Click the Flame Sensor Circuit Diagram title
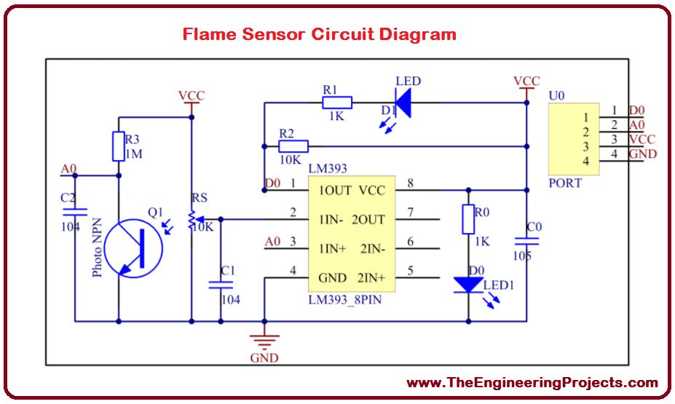(x=319, y=34)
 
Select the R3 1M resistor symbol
(x=118, y=146)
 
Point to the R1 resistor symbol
(x=337, y=103)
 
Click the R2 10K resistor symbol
(x=293, y=146)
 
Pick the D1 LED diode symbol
(x=403, y=103)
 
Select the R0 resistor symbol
(x=468, y=219)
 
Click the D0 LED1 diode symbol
(x=467, y=285)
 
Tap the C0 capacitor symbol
(x=526, y=240)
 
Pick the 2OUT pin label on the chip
(x=368, y=219)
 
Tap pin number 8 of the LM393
(x=410, y=184)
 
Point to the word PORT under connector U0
(x=565, y=183)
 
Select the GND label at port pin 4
(x=643, y=154)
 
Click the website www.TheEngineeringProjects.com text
(x=532, y=382)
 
